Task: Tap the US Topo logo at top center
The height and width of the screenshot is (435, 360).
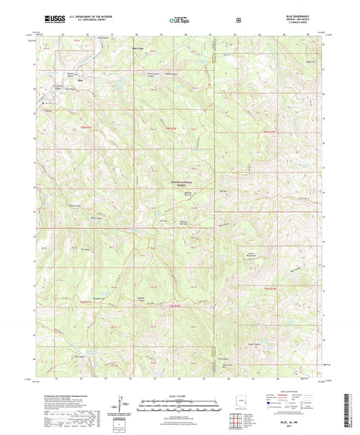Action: pyautogui.click(x=179, y=20)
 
